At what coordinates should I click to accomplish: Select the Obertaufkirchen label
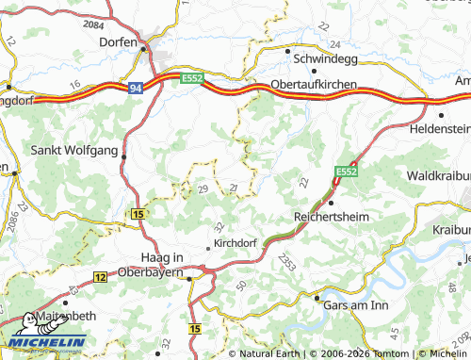pos(313,85)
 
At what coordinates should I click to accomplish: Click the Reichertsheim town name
pos(335,216)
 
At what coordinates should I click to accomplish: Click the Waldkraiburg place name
pos(438,176)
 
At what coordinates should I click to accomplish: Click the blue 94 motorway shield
pos(136,88)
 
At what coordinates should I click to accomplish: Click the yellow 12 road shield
pos(101,276)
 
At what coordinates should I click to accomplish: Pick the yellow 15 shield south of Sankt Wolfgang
pos(139,216)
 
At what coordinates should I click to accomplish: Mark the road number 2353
pos(288,268)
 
